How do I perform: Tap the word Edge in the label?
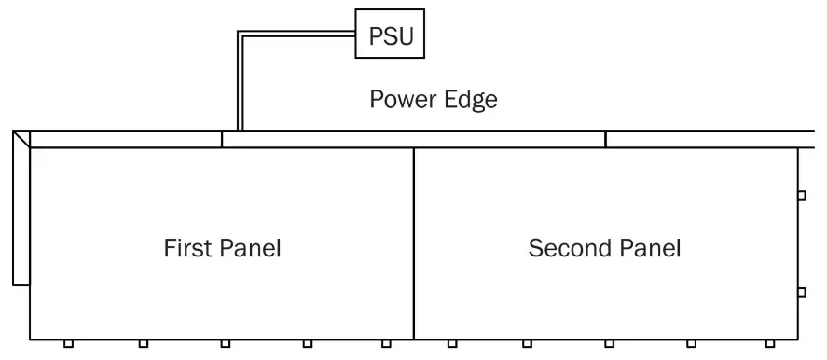coord(470,100)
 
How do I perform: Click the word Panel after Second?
coord(650,249)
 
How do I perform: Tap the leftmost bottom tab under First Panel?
coord(68,344)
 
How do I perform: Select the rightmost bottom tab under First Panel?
coord(386,344)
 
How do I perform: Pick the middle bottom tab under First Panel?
coord(226,344)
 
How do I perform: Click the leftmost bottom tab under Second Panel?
coord(451,344)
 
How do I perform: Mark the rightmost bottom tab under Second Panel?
coord(768,344)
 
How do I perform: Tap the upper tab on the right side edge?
coord(802,196)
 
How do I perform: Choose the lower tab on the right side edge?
coord(802,292)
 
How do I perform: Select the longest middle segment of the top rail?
coord(413,139)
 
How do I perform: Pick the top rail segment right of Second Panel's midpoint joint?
coord(713,139)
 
